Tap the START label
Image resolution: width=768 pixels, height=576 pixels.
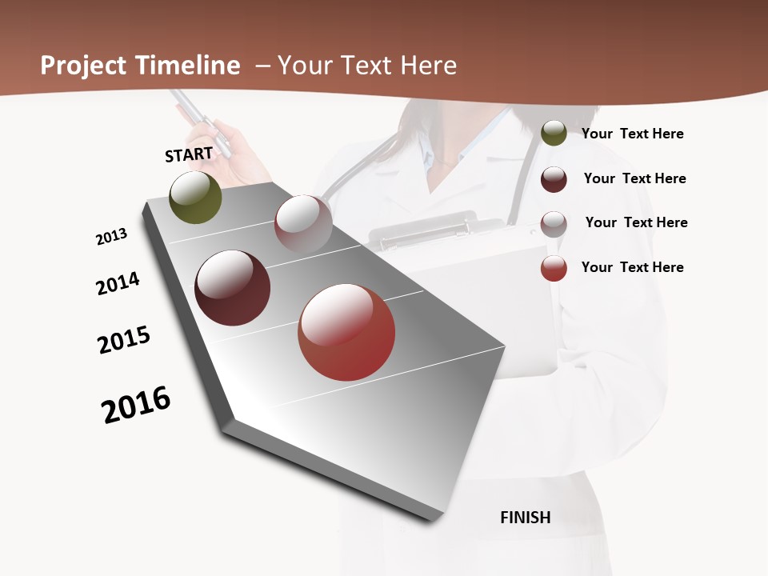[189, 154]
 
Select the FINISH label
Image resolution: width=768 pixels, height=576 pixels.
[526, 518]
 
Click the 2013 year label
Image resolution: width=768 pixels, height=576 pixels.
[111, 237]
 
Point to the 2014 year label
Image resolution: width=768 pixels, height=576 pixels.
[118, 283]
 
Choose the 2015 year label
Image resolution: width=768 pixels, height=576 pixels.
[124, 340]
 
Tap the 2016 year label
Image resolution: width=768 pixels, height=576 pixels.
[136, 405]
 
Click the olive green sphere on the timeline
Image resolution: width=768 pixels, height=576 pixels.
[196, 197]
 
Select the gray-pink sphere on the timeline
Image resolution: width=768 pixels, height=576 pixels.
[303, 223]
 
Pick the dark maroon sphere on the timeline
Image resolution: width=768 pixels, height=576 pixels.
[233, 288]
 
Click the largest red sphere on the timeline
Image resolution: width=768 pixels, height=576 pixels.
[346, 332]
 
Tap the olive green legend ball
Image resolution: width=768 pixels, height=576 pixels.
[554, 134]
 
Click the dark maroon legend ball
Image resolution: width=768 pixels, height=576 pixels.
[554, 179]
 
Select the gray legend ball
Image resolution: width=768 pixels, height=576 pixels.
[554, 224]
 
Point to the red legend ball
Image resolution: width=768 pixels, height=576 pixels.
[554, 268]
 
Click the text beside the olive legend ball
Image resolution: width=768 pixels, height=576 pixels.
[632, 134]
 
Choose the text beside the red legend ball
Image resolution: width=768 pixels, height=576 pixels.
[632, 267]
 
